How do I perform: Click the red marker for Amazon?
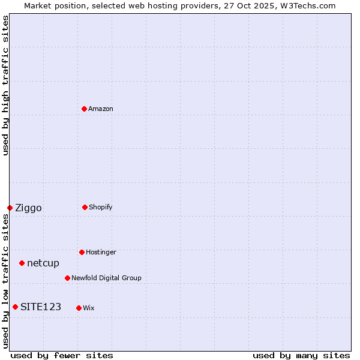tap(84, 109)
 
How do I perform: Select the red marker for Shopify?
tap(85, 207)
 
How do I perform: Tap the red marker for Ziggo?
tap(10, 208)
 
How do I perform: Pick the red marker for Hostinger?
tap(82, 252)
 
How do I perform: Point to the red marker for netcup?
tap(22, 263)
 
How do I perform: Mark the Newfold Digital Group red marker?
tap(67, 278)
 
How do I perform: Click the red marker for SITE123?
tap(15, 307)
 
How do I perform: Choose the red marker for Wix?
tap(79, 308)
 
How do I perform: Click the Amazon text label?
tap(101, 109)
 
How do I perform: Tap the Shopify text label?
tap(101, 207)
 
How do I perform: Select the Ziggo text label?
tap(28, 208)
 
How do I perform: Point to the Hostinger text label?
tap(101, 252)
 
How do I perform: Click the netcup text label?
tap(43, 263)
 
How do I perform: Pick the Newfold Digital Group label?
tap(106, 278)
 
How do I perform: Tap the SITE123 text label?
tap(41, 307)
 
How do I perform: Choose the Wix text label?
tap(89, 308)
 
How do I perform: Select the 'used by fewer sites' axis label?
tap(61, 355)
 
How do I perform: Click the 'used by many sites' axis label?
tap(301, 355)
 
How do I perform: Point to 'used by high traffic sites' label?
tap(5, 85)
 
